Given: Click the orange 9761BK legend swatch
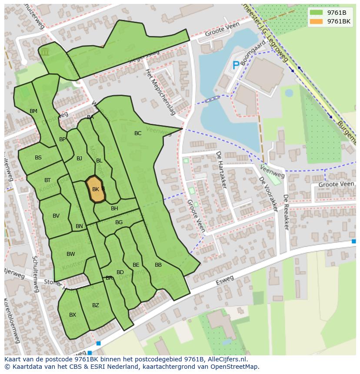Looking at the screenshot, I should [x=317, y=21].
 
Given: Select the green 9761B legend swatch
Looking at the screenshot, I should [x=317, y=13].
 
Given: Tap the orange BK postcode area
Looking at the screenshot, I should [x=96, y=189].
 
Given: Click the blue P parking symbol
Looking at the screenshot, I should [x=236, y=66].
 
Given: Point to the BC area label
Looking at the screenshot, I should [x=138, y=133].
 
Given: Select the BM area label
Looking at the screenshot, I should [x=33, y=111].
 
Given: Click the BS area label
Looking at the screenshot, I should [x=38, y=158].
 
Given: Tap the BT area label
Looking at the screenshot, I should [x=47, y=180].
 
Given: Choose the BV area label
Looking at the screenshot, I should [x=56, y=216].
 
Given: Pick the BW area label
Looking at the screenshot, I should [x=70, y=254].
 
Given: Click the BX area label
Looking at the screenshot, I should [x=73, y=315].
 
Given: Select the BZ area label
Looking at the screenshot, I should [x=96, y=305].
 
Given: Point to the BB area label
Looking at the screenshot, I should [x=158, y=265].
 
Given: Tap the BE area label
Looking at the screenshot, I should [x=136, y=265].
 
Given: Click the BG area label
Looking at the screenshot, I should [x=119, y=222].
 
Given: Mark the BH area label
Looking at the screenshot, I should [x=114, y=209].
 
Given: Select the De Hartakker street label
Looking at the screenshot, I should [x=221, y=170].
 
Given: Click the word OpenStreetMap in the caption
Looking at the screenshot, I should [x=237, y=367].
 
